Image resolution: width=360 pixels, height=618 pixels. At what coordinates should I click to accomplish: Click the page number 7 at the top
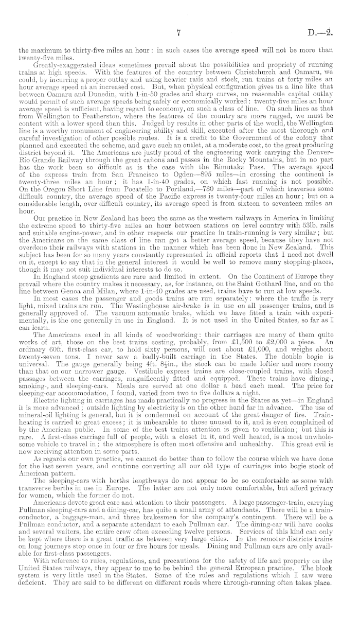coord(176,33)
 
